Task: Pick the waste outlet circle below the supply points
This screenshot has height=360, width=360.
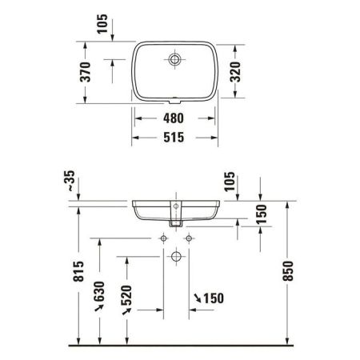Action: click(175, 257)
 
